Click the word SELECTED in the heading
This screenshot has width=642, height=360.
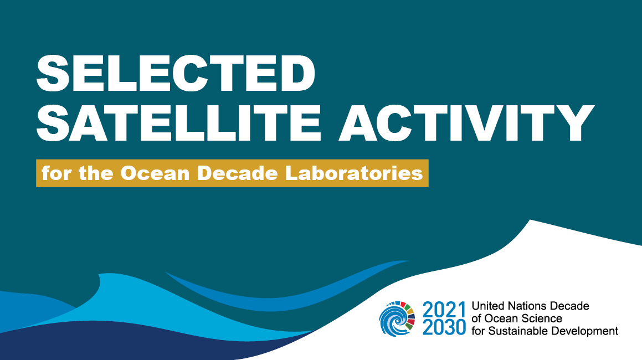tap(176, 74)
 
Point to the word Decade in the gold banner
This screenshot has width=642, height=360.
tap(238, 173)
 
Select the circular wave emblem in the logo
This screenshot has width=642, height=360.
tap(397, 318)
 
